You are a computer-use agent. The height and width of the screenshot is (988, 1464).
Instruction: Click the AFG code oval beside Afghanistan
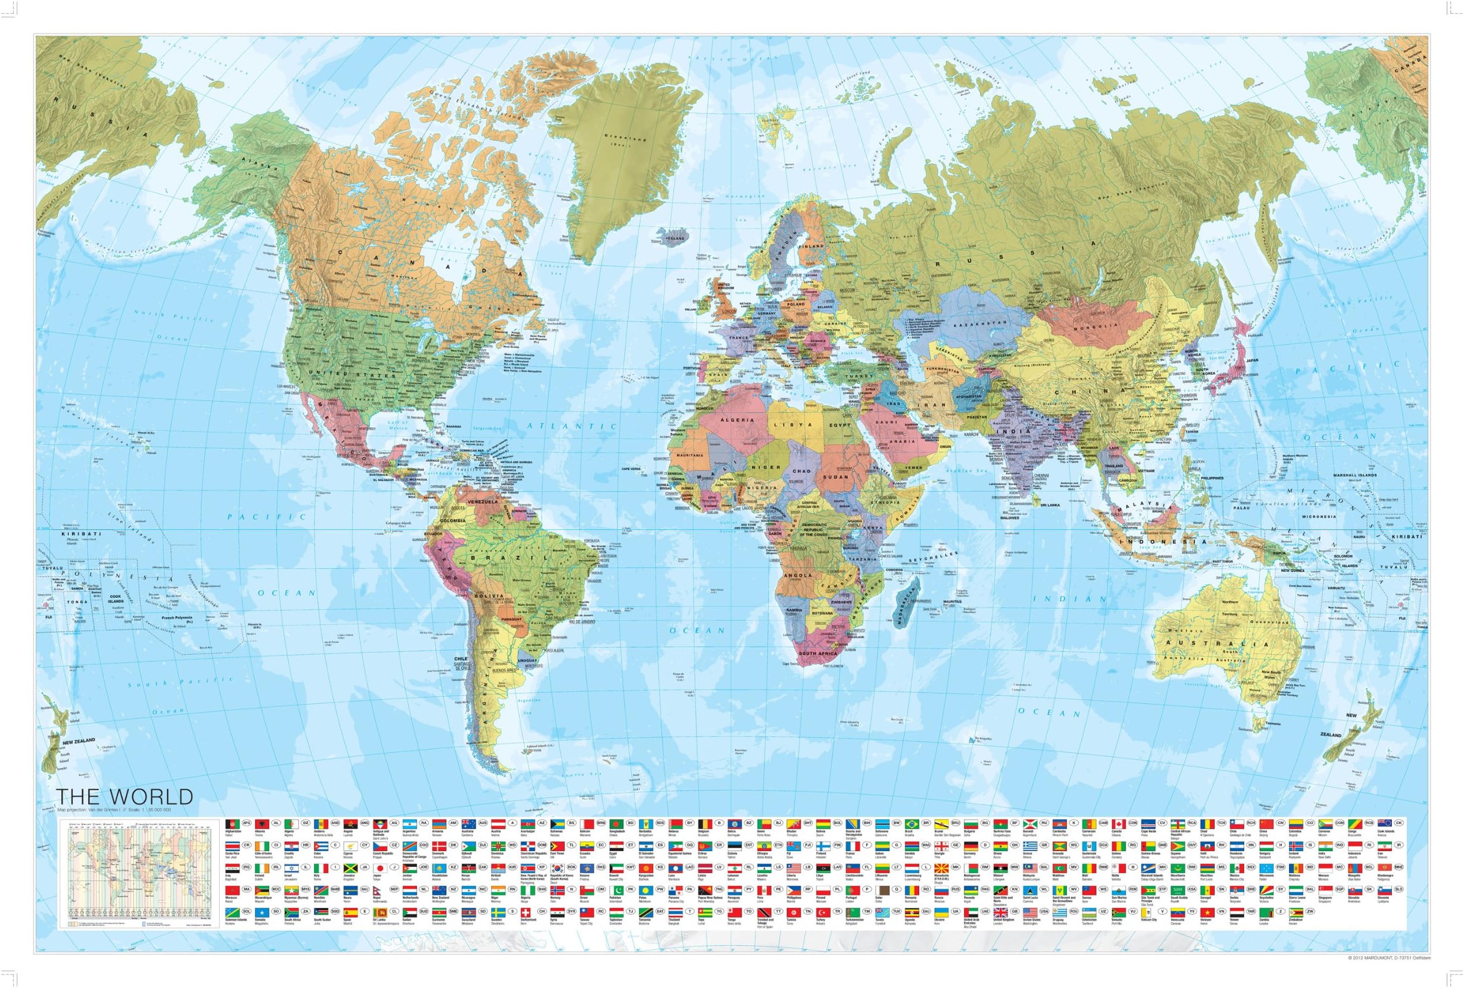[248, 823]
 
